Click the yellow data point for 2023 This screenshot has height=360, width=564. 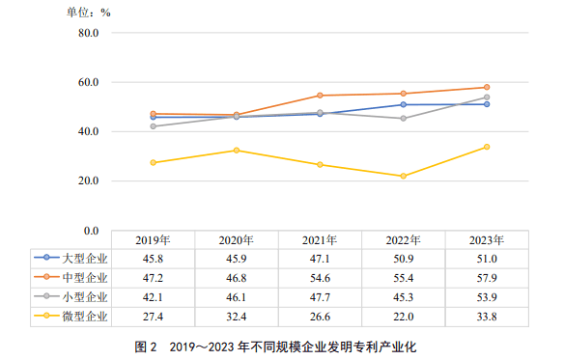(x=487, y=147)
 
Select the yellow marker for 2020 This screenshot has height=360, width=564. (x=237, y=151)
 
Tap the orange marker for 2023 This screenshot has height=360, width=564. (x=487, y=87)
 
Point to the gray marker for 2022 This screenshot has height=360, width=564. (x=404, y=119)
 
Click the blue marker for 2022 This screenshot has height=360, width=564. (x=404, y=104)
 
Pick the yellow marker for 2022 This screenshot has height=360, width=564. (x=404, y=176)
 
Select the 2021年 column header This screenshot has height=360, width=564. (x=320, y=239)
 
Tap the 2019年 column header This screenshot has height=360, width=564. (x=154, y=239)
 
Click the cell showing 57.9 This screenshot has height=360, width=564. (x=487, y=277)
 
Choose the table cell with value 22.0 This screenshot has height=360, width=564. (x=404, y=316)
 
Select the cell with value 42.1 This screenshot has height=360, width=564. (x=154, y=296)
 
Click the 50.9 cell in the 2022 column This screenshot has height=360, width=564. (x=404, y=259)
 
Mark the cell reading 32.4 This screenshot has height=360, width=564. (x=237, y=316)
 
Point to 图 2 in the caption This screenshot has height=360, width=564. (x=146, y=345)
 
